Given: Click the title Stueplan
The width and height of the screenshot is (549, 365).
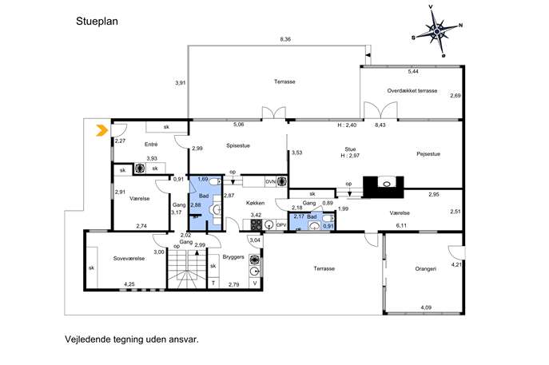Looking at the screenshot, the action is click(97, 22).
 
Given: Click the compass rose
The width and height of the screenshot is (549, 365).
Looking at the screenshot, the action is click(437, 31).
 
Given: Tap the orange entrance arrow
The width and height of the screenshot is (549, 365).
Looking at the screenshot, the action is click(101, 130).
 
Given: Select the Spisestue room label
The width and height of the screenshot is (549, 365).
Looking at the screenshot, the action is click(238, 145).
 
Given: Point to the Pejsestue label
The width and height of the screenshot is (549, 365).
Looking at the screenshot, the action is click(428, 154).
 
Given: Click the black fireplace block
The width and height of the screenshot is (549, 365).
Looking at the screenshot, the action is click(384, 187).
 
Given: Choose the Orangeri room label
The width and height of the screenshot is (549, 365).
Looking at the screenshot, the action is click(425, 269).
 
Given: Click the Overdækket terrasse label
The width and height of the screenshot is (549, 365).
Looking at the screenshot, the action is click(412, 90).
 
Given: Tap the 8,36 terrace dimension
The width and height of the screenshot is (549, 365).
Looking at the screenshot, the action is click(285, 39).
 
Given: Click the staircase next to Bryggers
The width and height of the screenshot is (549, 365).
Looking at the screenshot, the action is click(187, 268).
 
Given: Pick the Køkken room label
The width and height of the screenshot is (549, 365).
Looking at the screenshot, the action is click(255, 203).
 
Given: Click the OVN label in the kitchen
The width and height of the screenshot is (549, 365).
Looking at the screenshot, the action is click(271, 181).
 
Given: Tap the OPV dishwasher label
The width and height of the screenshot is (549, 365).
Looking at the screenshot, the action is click(281, 224).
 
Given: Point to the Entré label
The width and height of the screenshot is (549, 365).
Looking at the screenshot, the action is click(151, 145).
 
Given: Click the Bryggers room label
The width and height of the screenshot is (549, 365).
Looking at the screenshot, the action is click(233, 257).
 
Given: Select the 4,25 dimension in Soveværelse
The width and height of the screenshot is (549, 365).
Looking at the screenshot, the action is click(129, 284).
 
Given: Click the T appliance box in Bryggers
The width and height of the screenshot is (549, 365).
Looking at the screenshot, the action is click(213, 283).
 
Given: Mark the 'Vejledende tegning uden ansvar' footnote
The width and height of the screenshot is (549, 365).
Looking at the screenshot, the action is click(132, 339).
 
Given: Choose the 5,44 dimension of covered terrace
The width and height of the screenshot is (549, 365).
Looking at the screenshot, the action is click(413, 71).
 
